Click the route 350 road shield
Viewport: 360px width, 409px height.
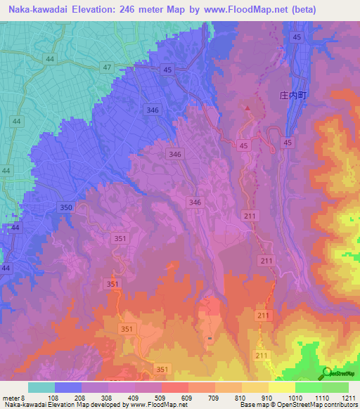click(66, 207)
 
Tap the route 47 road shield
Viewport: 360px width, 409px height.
click(107, 67)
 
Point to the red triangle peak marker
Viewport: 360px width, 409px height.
click(247, 108)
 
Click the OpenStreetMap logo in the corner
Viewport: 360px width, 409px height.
click(340, 372)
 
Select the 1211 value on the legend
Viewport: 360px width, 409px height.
click(347, 397)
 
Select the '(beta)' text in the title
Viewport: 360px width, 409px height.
click(303, 10)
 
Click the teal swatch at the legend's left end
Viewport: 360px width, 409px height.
click(41, 387)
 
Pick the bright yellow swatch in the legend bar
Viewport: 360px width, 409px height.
click(281, 387)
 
